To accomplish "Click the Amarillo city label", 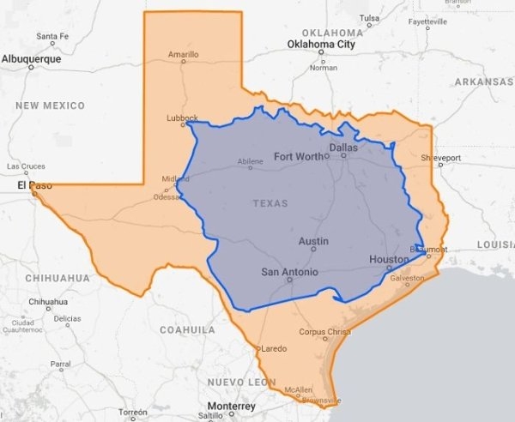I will (x=183, y=54).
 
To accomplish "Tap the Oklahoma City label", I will (x=321, y=44).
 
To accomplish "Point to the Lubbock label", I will (x=182, y=118).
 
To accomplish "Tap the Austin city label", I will (x=313, y=242).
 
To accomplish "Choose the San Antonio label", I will (x=290, y=273).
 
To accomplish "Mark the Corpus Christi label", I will (x=325, y=331).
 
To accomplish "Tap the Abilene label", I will (x=250, y=160).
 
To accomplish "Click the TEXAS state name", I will (x=271, y=203).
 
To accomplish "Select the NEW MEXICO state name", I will (x=50, y=105).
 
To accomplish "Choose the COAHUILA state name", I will (x=186, y=329).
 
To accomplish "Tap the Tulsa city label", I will (x=370, y=18).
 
